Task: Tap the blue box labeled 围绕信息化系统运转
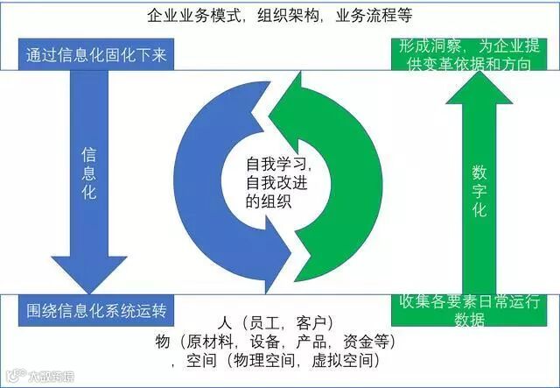tap(96, 311)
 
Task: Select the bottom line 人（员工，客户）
tap(279, 321)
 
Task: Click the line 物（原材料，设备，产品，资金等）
tap(279, 341)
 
